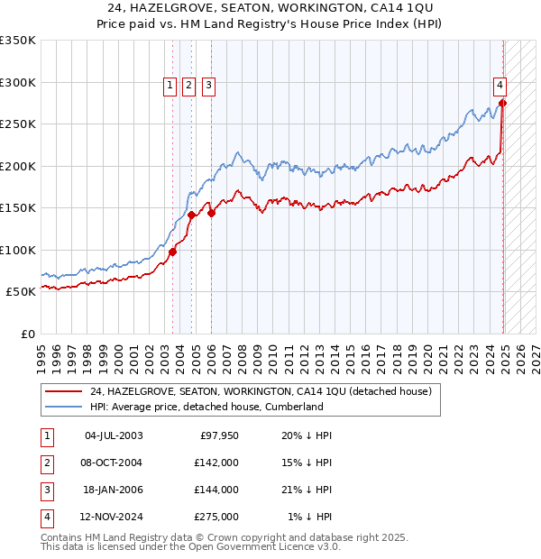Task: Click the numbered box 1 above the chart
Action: coord(170,86)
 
